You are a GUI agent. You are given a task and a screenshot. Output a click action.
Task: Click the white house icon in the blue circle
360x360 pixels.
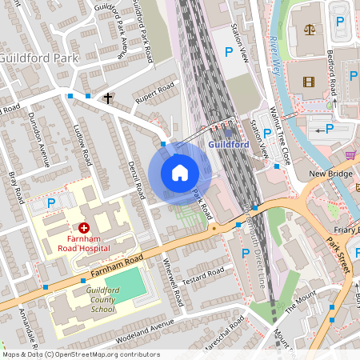click(x=179, y=173)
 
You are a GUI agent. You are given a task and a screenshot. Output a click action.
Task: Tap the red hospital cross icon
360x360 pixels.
click(x=83, y=228)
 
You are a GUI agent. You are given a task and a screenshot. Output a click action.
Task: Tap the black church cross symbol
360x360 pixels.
click(x=107, y=98)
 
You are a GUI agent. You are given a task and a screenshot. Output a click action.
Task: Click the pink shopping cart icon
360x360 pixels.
click(x=350, y=154)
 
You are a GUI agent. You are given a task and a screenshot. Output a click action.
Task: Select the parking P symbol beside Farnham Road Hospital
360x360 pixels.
click(x=50, y=203)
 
